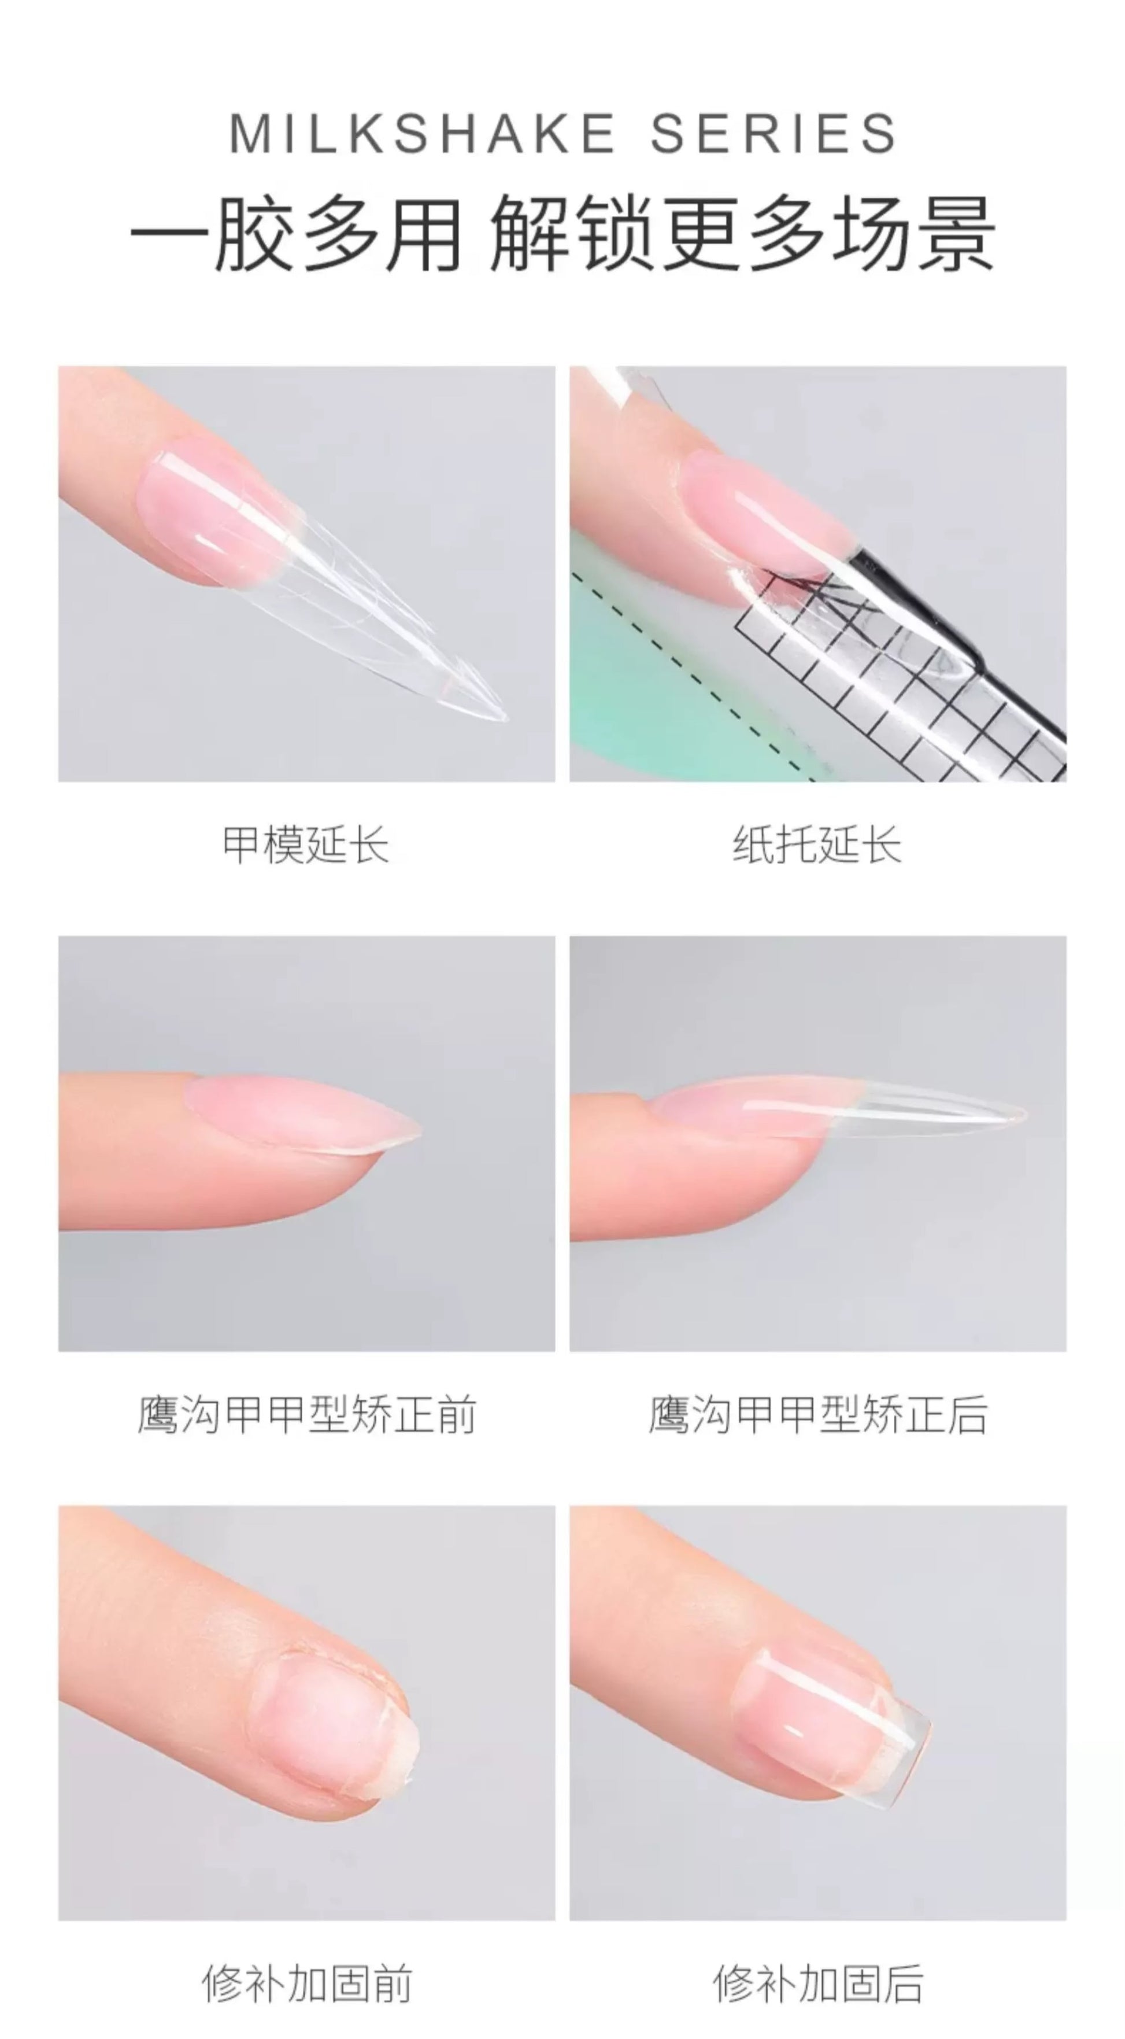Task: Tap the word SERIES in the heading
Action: [773, 133]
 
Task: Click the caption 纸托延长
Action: [817, 845]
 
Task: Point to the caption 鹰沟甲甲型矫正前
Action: [307, 1414]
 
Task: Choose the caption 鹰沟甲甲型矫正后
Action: [818, 1414]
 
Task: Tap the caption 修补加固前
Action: [307, 1983]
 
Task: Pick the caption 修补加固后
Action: [818, 1983]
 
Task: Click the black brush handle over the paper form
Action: [949, 617]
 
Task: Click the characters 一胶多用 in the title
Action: [297, 235]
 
